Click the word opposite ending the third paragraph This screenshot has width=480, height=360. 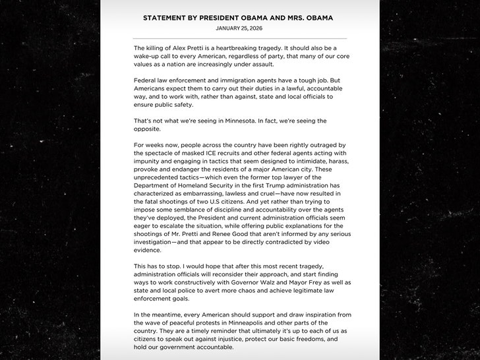[150, 129]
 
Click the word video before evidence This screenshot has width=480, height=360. [330, 242]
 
